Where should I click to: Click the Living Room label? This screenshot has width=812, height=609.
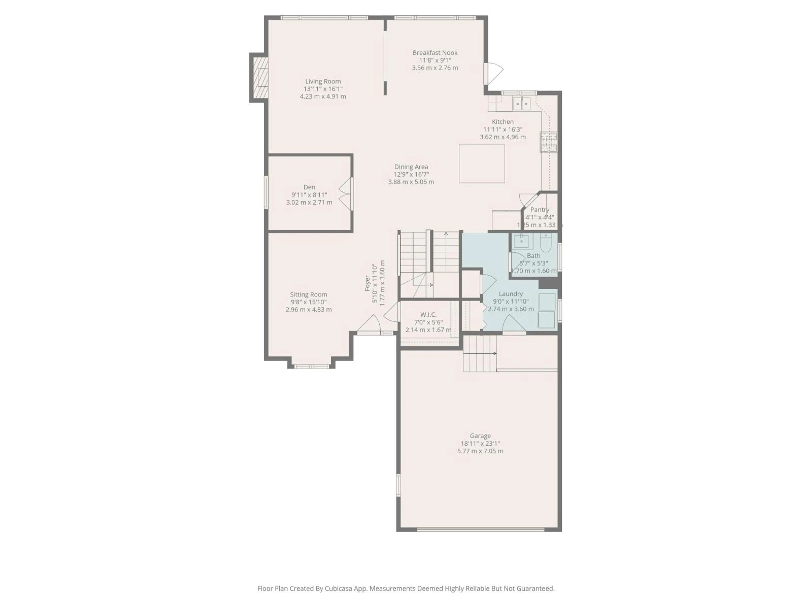323,81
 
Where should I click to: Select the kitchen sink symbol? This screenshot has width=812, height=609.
522,104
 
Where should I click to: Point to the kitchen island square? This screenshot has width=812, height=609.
482,163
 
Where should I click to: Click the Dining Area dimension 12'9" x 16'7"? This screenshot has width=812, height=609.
411,174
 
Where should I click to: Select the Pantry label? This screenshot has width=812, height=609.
540,210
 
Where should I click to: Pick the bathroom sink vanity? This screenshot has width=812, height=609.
521,241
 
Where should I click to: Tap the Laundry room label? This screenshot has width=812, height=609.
511,294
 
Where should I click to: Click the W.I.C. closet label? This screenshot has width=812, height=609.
428,315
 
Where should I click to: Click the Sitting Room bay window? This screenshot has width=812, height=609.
311,366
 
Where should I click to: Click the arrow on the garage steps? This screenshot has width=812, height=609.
494,354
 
